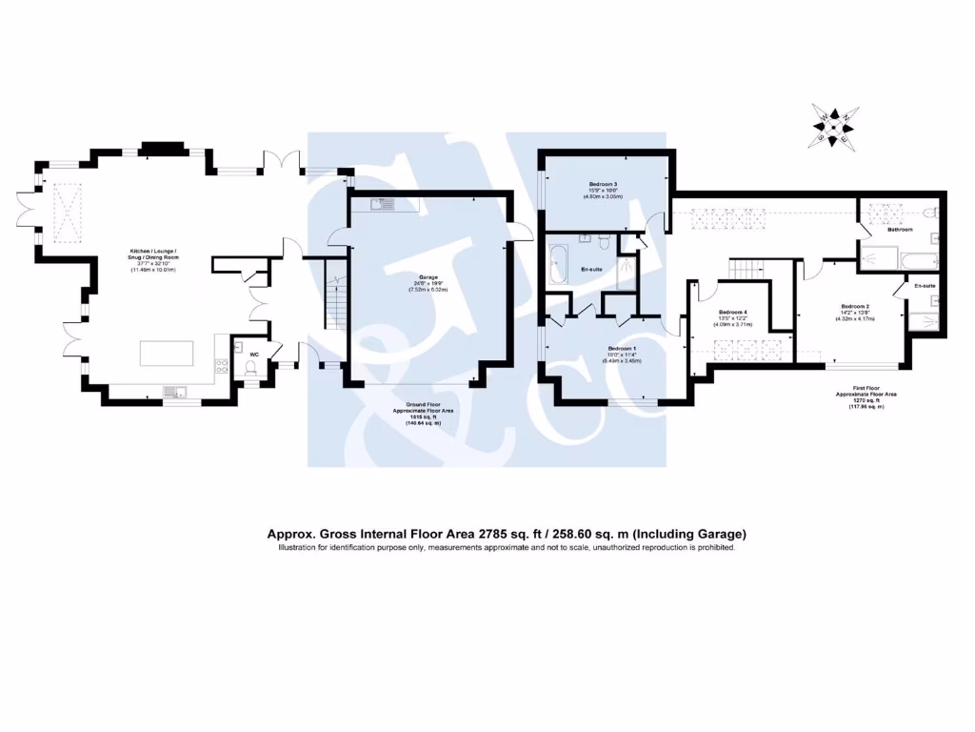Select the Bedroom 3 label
(x=604, y=184)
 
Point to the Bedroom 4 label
(x=733, y=313)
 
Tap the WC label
(x=254, y=355)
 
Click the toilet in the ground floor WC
(x=250, y=374)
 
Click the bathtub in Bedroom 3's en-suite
(x=558, y=264)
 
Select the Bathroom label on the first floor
(x=900, y=230)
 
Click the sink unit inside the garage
(x=386, y=203)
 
